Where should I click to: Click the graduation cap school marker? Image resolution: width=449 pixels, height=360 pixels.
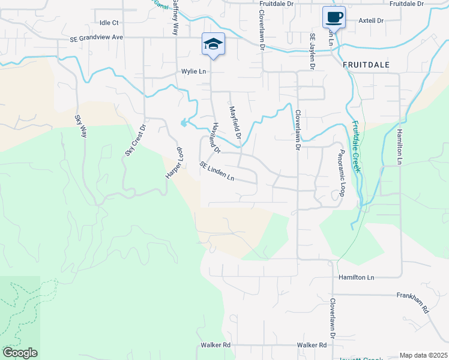pos(213,44)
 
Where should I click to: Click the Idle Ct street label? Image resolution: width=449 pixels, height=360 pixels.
pos(110,22)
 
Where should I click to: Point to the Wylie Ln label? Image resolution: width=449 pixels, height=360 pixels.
pos(194,71)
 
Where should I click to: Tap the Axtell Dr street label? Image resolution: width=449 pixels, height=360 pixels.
pos(370,20)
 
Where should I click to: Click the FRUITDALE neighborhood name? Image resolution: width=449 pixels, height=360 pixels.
pos(367,64)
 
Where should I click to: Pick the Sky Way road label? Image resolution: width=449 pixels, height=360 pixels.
pos(81,126)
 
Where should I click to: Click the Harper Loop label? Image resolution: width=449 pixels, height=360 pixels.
pos(173,164)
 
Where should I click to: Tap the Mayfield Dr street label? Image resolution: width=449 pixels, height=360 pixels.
pos(235,124)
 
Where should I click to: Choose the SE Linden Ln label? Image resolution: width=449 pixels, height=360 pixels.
pos(217,172)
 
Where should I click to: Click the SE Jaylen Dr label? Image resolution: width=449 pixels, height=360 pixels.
pos(312,52)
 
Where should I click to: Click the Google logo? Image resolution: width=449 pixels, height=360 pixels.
pos(20,353)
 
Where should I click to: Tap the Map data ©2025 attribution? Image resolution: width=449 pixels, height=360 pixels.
pos(423,355)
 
